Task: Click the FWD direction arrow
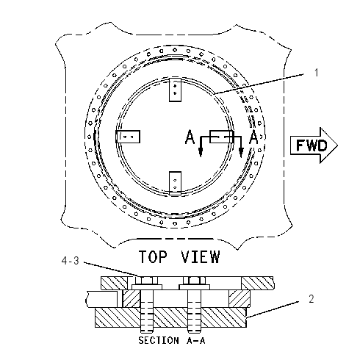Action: tap(314, 145)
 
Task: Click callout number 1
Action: tap(317, 73)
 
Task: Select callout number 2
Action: tap(312, 299)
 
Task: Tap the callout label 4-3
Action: tap(71, 261)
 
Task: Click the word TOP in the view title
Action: tap(154, 256)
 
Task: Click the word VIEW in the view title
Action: tap(201, 256)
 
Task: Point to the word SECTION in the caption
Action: tap(159, 340)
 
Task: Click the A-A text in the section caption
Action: tap(196, 340)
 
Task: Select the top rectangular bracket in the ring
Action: tap(175, 90)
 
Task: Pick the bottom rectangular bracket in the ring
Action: tap(175, 183)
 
